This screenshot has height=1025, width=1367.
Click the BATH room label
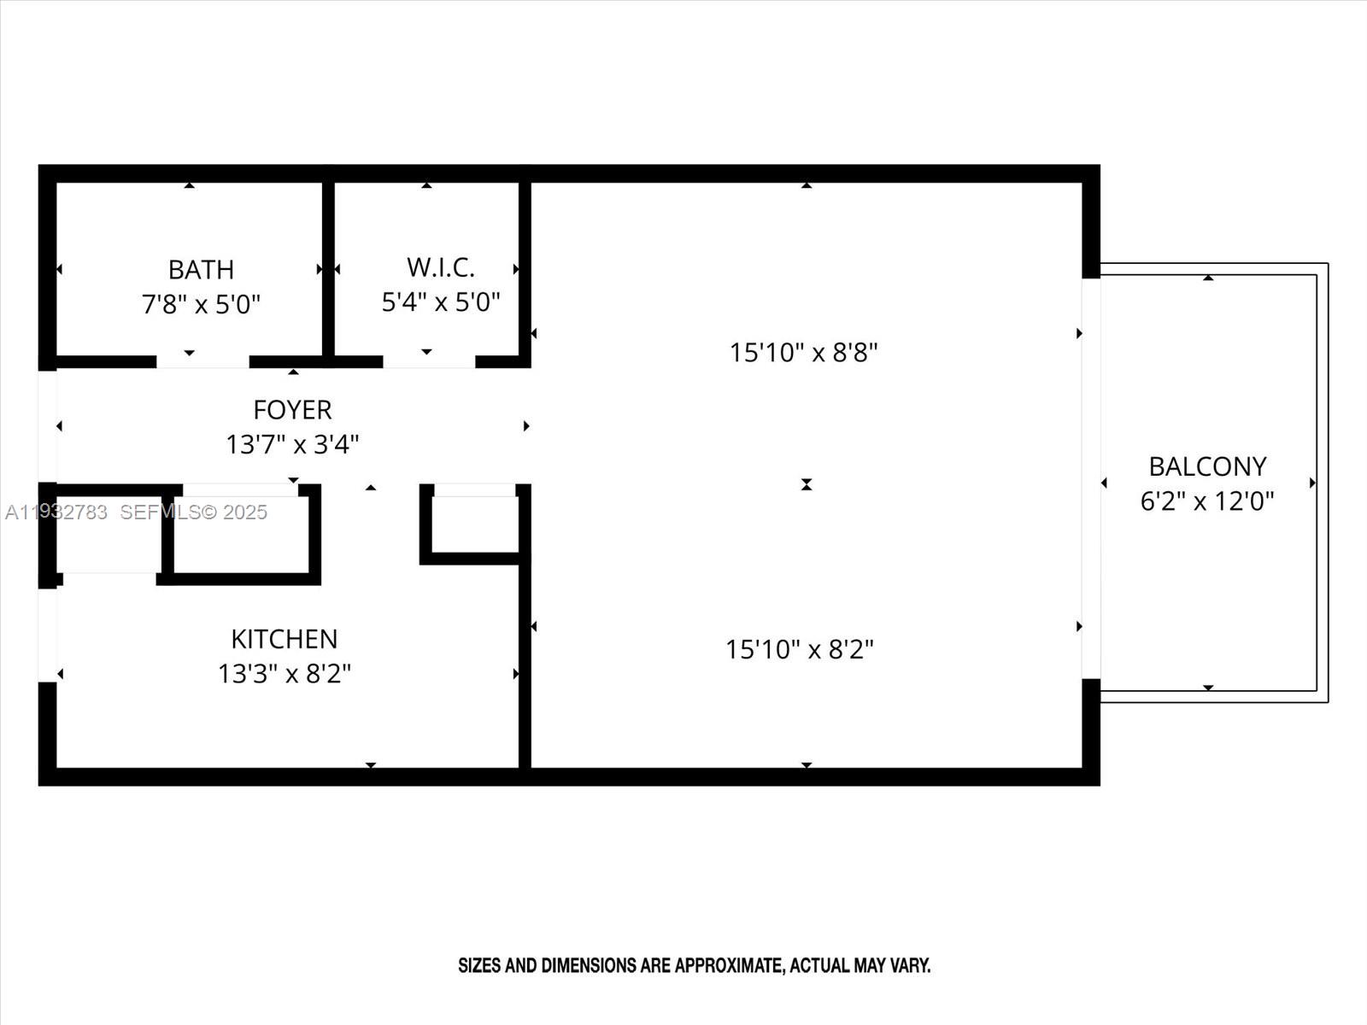tap(201, 270)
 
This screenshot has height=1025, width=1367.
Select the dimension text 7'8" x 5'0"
tap(201, 304)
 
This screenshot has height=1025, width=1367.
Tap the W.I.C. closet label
tap(441, 267)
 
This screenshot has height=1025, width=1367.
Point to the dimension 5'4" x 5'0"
tap(441, 302)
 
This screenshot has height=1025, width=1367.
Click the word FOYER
tap(292, 410)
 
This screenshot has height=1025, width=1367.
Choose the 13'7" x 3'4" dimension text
tap(292, 444)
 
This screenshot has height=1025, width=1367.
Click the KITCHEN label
tap(285, 639)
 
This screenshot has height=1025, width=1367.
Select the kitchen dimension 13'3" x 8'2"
tap(285, 674)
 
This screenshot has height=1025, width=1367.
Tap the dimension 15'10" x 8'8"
tap(803, 352)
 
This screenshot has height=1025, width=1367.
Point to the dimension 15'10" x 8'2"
tap(800, 650)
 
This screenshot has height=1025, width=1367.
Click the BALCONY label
tap(1207, 466)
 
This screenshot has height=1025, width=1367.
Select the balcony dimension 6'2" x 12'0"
tap(1207, 501)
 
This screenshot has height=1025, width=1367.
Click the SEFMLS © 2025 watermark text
tap(193, 512)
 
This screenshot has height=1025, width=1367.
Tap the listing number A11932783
tap(56, 512)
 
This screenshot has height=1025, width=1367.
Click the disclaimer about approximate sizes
tap(694, 966)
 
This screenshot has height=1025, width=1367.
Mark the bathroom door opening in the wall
tap(202, 362)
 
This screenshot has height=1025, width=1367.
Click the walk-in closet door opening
tap(429, 362)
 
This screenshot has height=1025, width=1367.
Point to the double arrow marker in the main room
tap(807, 484)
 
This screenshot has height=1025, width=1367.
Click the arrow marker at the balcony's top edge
tap(1208, 278)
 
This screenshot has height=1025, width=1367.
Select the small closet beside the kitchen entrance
tap(475, 523)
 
